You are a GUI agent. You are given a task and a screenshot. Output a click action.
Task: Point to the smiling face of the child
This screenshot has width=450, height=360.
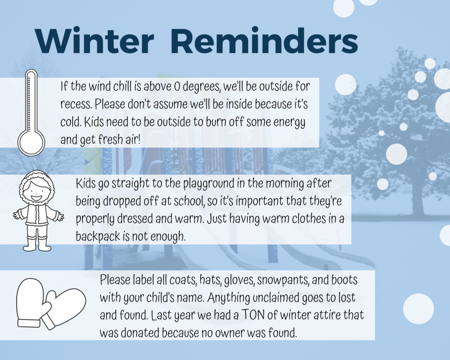[37, 191]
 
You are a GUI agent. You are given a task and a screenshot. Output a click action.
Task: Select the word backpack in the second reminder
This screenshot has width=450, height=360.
[98, 236]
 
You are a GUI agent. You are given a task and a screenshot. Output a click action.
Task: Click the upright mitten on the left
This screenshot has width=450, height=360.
[30, 303]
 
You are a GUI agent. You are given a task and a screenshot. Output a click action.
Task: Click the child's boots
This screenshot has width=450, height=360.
[37, 244]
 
